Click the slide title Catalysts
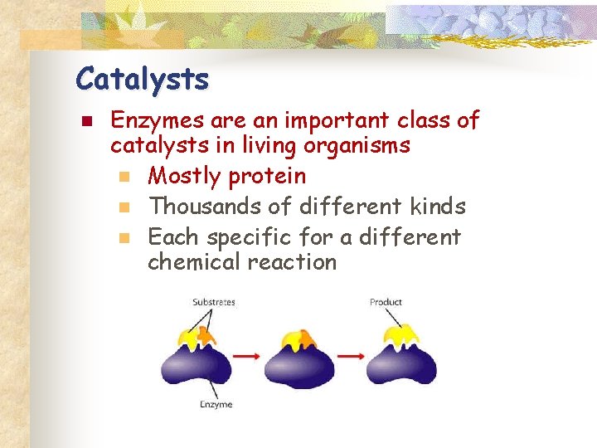click(142, 80)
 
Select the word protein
click(267, 177)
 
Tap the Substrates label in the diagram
click(214, 302)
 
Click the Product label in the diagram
click(386, 302)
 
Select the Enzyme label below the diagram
click(215, 404)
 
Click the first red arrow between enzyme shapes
click(246, 356)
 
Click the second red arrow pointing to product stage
click(351, 356)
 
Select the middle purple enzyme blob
click(299, 365)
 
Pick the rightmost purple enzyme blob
click(401, 365)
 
